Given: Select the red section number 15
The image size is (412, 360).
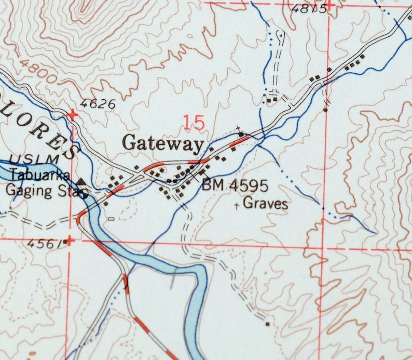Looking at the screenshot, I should [x=194, y=123].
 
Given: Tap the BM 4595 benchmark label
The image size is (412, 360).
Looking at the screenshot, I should [x=235, y=185].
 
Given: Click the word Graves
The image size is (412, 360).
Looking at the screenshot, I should [x=265, y=203].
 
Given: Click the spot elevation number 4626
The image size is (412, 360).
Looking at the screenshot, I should [x=98, y=103].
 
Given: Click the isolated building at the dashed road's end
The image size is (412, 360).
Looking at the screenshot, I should [x=268, y=324].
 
